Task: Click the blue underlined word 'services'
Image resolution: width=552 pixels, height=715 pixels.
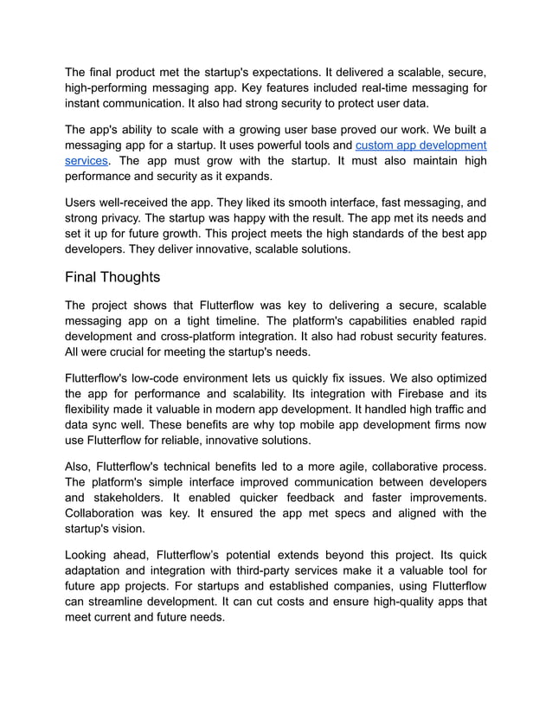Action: click(x=86, y=161)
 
